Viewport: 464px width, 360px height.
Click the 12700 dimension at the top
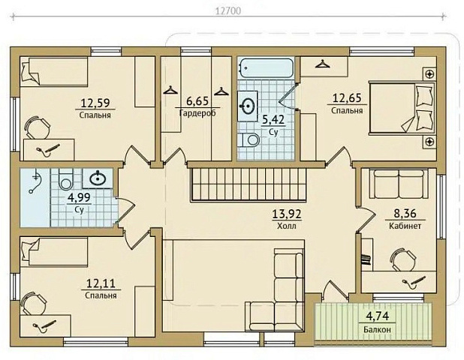point(227,11)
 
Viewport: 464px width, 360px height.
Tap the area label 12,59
point(95,103)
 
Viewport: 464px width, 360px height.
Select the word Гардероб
point(197,113)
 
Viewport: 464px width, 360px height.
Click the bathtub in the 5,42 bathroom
point(266,68)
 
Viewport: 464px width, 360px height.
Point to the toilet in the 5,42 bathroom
point(250,139)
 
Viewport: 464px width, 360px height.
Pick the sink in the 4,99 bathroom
point(98,178)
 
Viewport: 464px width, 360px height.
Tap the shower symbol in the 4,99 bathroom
point(35,181)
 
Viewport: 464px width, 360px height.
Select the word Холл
point(287,226)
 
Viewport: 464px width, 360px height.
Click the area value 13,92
point(287,214)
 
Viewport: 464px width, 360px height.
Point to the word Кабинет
point(405,226)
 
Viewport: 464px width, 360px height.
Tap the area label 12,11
point(101,283)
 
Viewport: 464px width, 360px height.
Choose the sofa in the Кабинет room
point(399,184)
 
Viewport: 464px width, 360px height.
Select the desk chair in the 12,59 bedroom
point(36,127)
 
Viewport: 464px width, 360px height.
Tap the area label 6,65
point(197,101)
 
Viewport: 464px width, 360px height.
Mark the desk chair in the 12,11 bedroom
point(34,304)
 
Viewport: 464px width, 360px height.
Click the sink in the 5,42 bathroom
point(248,106)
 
